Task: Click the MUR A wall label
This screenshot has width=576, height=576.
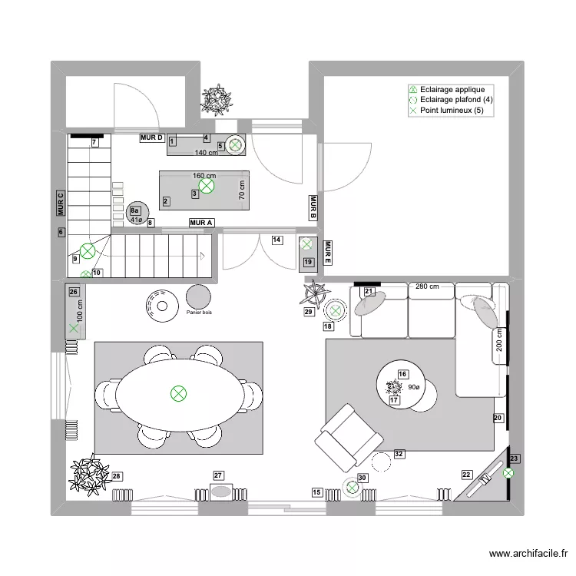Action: coord(201,223)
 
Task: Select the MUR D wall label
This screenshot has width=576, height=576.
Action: coord(152,137)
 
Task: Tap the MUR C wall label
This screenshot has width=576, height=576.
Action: coord(61,205)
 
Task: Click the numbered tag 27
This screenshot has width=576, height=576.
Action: coord(218,475)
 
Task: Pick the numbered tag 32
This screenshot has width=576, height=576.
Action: coord(399,454)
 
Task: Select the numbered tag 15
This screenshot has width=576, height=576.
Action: coord(317,492)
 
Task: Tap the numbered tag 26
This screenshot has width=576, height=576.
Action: coord(74,291)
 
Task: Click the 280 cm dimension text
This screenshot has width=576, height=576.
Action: coord(428,286)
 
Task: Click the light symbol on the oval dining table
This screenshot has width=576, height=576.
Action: coord(178,393)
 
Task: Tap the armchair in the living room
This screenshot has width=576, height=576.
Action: coord(350,439)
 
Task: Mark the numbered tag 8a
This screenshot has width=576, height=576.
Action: coord(136,210)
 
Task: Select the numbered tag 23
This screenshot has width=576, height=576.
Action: coord(515,458)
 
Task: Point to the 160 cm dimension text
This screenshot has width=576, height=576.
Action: coord(204,175)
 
